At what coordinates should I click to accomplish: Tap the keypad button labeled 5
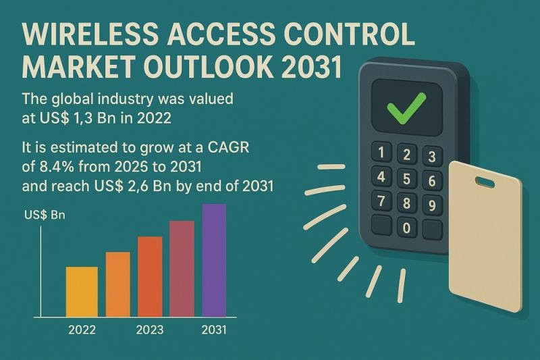coord(405,179)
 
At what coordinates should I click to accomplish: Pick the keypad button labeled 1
coord(382,153)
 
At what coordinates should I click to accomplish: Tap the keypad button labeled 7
coord(382,201)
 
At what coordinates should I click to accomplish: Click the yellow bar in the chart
coord(82,291)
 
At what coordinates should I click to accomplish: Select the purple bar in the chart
coord(214,260)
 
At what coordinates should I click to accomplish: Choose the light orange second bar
coord(117,284)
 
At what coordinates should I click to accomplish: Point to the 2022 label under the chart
coord(82,330)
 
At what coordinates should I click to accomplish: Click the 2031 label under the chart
coord(215,330)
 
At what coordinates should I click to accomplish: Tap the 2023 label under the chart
coord(149,330)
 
